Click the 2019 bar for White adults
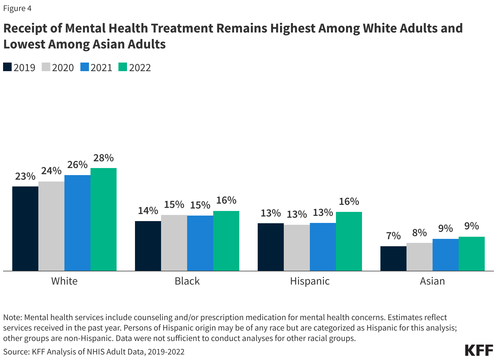(25, 228)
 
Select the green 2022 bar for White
(103, 219)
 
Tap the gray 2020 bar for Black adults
(174, 243)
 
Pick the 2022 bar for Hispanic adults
(349, 241)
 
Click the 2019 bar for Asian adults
(393, 259)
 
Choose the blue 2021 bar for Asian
(445, 255)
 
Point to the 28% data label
(103, 158)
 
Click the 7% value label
(393, 236)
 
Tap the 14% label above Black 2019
(148, 211)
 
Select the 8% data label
(419, 233)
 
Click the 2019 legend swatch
(7, 67)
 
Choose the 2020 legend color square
(46, 67)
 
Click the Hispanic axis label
(310, 281)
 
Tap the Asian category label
(432, 281)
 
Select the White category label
(64, 281)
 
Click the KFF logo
(479, 350)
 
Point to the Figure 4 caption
(17, 8)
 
